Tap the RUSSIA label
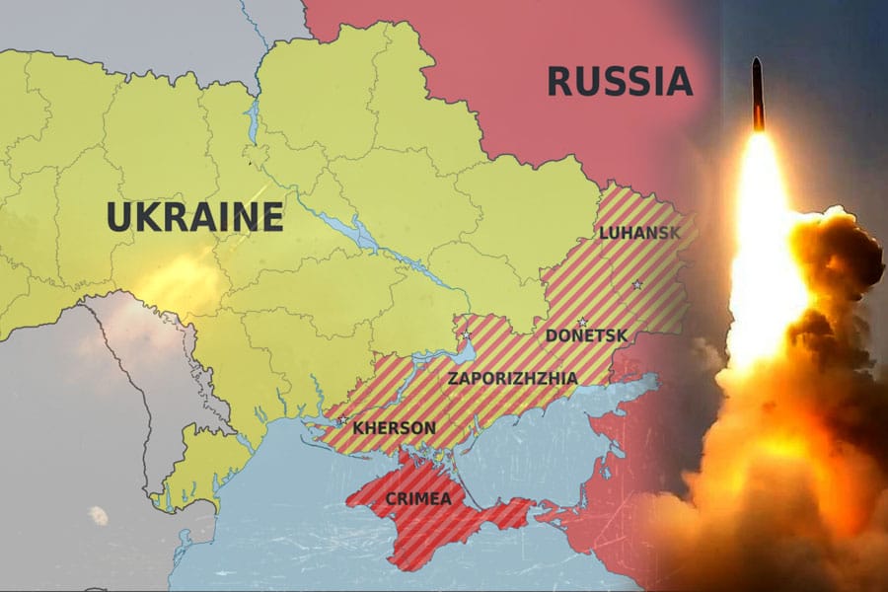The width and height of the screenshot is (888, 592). coord(620,81)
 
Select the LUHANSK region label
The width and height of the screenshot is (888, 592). coord(638,233)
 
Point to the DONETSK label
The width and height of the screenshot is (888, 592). coord(586,335)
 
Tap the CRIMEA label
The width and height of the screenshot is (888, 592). coord(419,498)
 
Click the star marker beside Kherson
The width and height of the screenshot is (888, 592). coord(341,422)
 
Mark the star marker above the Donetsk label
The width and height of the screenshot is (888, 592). coord(582,321)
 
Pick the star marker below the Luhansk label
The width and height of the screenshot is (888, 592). coord(636,285)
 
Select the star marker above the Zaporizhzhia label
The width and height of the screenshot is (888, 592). coord(466,335)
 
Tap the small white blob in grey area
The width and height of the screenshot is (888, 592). coord(99,514)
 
